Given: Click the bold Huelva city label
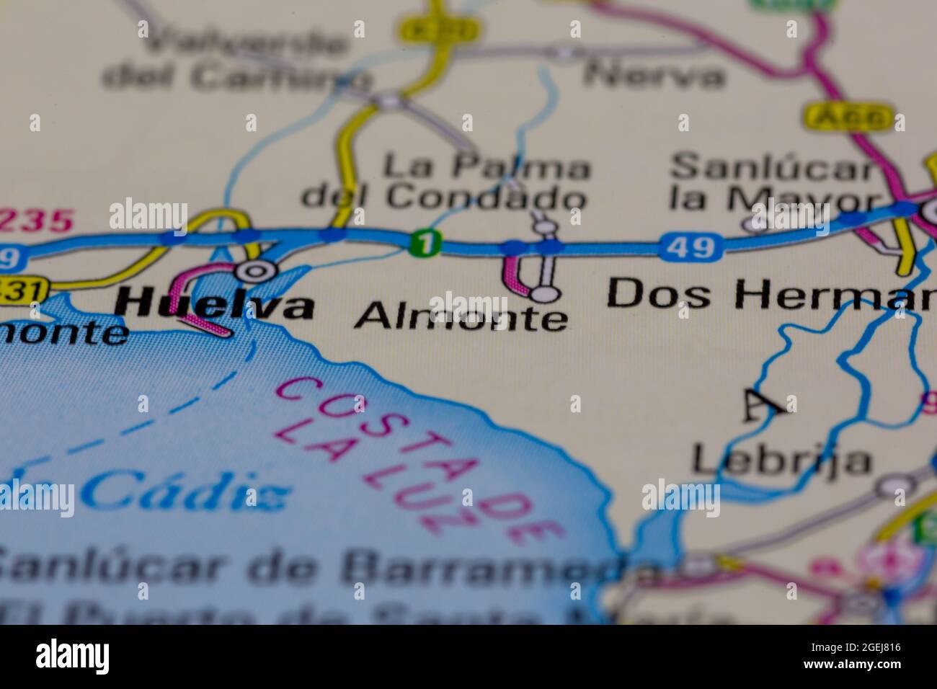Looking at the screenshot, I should click(215, 306).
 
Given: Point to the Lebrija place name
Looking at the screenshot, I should click(781, 460).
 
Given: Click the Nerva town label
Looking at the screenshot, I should click(653, 75).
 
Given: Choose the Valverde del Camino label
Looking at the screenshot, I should click(231, 61).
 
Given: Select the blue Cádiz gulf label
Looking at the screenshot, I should click(184, 494).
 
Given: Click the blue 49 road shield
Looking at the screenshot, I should click(690, 247).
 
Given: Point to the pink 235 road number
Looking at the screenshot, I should click(36, 220).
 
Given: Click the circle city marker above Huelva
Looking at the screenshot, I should click(256, 271).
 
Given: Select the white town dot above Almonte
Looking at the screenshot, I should click(545, 293).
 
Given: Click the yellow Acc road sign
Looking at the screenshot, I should click(849, 117).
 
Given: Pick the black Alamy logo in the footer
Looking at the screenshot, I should click(73, 657).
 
